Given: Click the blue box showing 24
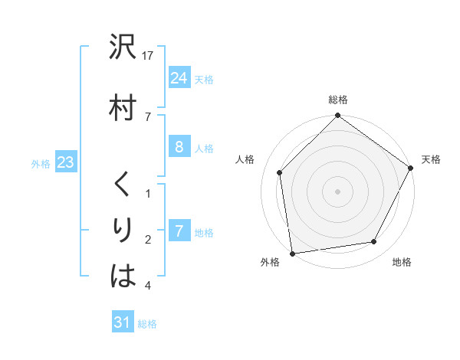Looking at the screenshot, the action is click(179, 77).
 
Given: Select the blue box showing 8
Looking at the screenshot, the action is click(179, 147).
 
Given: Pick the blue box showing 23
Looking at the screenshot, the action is click(65, 162).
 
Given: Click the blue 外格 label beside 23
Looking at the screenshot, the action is click(41, 163).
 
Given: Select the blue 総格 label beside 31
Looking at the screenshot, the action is click(147, 324).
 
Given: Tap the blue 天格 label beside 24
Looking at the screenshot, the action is click(204, 79).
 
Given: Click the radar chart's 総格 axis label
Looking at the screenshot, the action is click(338, 100).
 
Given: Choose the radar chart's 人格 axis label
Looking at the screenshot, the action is click(245, 159).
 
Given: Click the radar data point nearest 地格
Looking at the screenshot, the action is click(374, 242).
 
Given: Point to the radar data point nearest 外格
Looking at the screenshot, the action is click(292, 253).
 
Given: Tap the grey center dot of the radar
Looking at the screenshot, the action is click(337, 191).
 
